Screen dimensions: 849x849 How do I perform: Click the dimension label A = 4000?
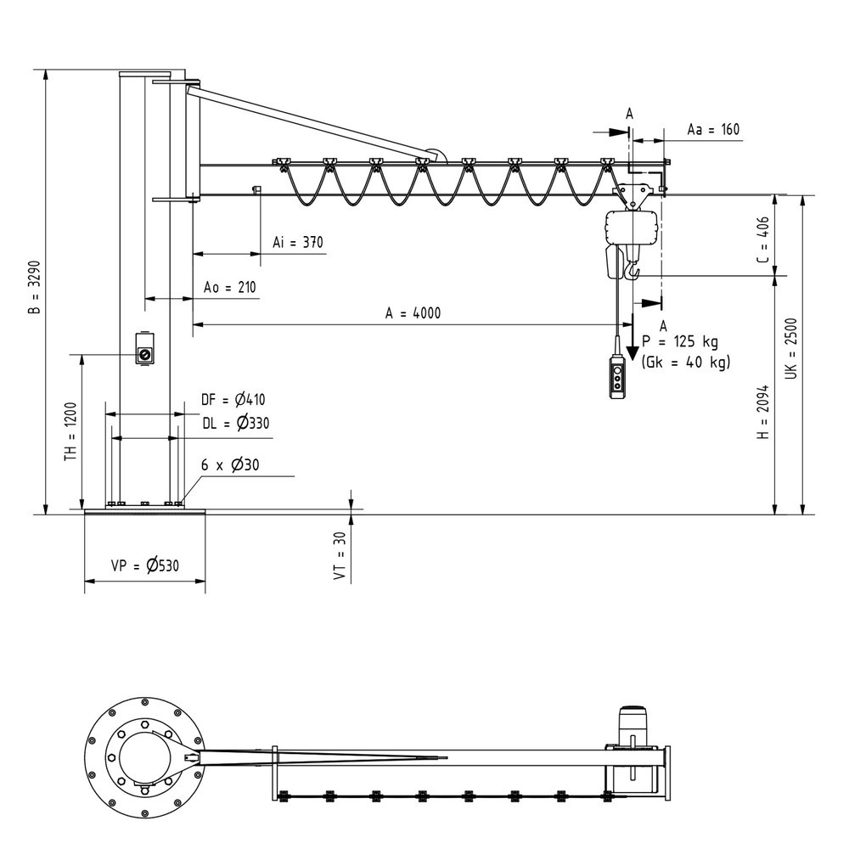(x=413, y=312)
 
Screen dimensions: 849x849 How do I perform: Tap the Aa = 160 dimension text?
(x=712, y=130)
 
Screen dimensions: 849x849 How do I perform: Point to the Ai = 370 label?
(x=297, y=243)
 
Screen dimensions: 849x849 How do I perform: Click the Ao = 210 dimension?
(x=229, y=288)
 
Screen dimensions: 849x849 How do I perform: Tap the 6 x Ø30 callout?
(x=229, y=464)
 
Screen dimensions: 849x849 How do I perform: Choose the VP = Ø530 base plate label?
(x=145, y=565)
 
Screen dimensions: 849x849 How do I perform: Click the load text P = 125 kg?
(x=680, y=342)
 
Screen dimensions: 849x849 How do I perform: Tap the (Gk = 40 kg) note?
(x=686, y=363)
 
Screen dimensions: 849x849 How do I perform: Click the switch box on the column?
(x=145, y=349)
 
